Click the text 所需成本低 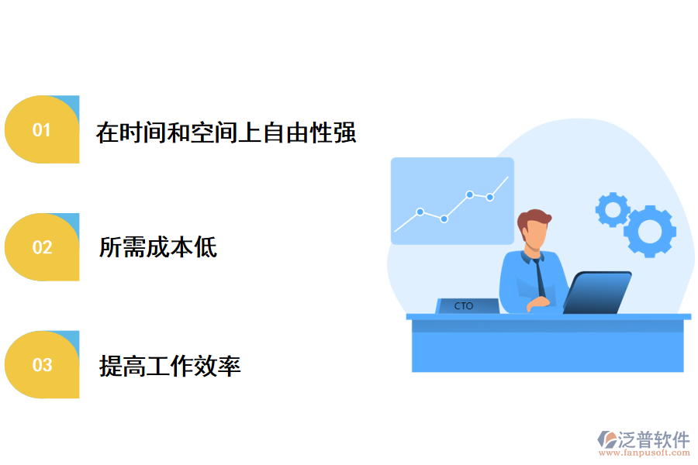click(x=158, y=248)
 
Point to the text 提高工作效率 click(x=170, y=365)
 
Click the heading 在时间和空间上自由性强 click(x=226, y=132)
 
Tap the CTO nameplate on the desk click(x=466, y=306)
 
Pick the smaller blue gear click(x=612, y=209)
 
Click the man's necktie click(x=539, y=279)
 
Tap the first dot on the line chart click(x=420, y=212)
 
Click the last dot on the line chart click(x=490, y=197)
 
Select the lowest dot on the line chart click(x=444, y=219)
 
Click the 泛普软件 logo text click(x=654, y=439)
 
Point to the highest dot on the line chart click(x=470, y=195)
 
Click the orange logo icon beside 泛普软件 click(x=606, y=440)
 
